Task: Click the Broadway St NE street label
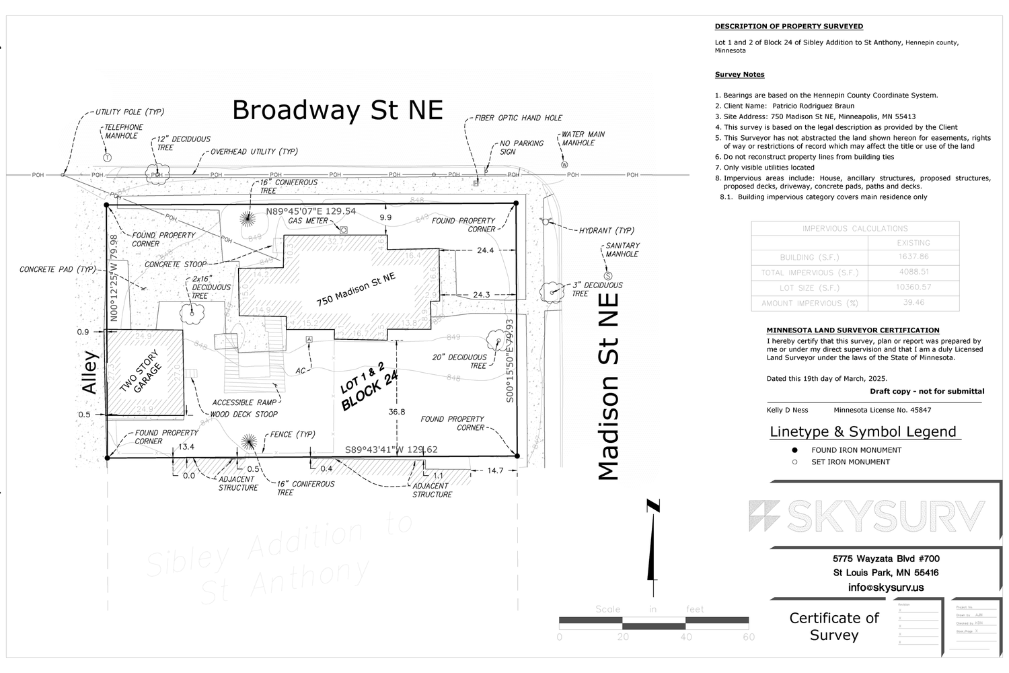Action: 338,110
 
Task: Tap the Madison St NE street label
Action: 608,386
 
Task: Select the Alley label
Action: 89,373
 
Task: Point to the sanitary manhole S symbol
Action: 609,276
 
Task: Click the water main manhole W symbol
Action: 564,164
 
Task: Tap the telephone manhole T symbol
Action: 107,157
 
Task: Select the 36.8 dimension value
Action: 397,412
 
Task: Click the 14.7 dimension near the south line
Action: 495,470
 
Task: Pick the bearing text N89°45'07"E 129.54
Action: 311,211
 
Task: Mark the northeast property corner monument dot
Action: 516,203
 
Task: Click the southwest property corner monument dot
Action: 107,458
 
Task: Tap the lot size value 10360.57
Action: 913,287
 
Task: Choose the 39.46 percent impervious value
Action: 913,303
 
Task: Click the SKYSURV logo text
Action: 868,516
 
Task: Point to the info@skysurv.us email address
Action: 886,588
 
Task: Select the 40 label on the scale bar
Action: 685,637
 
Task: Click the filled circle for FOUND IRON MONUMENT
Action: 794,450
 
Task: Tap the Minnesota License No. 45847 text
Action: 882,410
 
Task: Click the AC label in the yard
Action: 301,371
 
